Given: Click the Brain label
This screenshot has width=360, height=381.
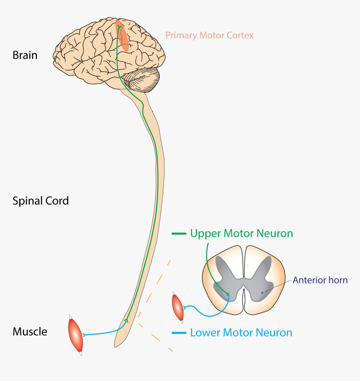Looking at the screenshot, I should (25, 55).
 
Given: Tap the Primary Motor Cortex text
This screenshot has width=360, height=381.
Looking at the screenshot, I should (209, 35).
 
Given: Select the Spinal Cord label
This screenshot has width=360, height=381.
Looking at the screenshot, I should (41, 201).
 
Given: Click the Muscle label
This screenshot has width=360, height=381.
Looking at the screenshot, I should (30, 332).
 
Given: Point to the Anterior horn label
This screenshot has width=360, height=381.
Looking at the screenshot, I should (320, 280).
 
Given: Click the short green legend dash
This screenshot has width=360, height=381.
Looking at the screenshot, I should (179, 233).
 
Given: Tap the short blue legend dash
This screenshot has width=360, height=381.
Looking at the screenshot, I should (179, 333).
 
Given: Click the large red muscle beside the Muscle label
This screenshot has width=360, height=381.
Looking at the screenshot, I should (76, 335).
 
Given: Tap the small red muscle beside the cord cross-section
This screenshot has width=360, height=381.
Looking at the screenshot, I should (177, 308).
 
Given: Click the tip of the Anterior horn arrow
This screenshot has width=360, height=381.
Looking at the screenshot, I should (262, 293).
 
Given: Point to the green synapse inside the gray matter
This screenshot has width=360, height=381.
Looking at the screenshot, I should (227, 294).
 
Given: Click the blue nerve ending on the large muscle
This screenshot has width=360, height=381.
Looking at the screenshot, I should (85, 335).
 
